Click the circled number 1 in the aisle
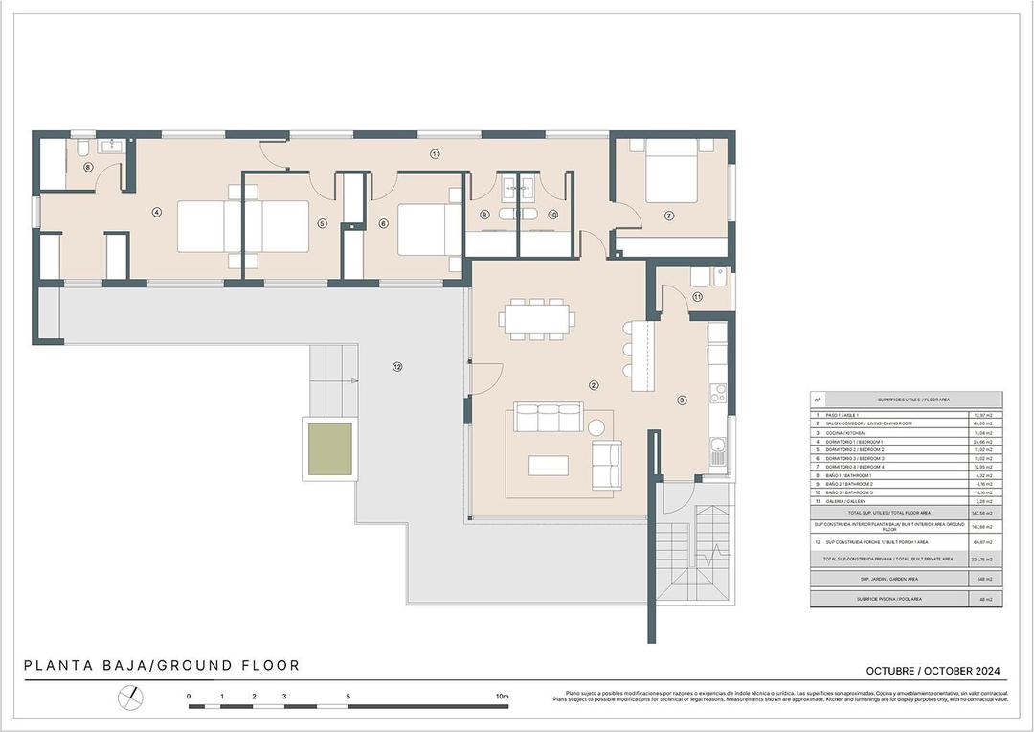click(434, 153)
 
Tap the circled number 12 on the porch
click(396, 366)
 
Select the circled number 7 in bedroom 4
click(669, 216)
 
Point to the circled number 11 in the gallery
click(698, 297)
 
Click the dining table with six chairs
click(535, 319)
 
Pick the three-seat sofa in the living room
click(549, 418)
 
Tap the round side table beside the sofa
click(598, 427)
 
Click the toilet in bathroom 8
click(83, 149)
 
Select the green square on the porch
click(329, 451)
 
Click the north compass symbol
click(130, 698)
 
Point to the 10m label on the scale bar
click(502, 697)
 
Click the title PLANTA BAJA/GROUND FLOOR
click(162, 665)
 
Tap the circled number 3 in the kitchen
click(682, 400)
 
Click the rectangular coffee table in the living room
click(548, 465)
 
